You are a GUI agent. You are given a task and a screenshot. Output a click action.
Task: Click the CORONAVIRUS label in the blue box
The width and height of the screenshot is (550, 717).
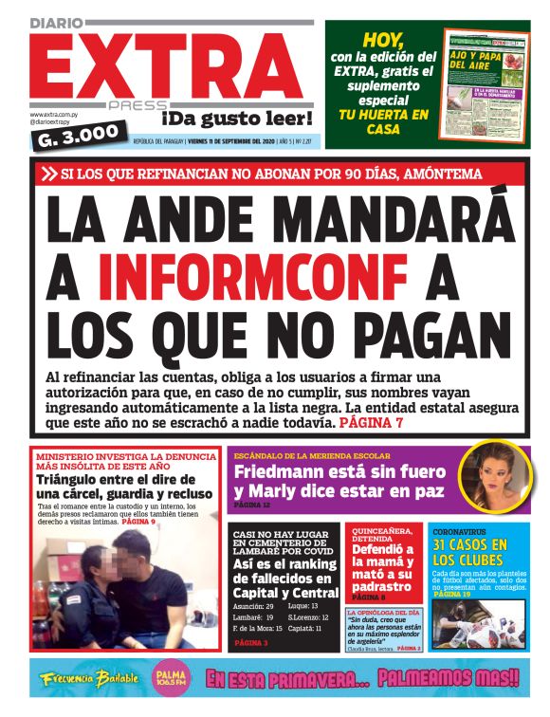click(462, 532)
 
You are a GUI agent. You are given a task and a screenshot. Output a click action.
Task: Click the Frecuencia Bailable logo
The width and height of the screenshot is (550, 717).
click(90, 679)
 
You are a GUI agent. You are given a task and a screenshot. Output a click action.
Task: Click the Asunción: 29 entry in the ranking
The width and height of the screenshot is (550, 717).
click(253, 605)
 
